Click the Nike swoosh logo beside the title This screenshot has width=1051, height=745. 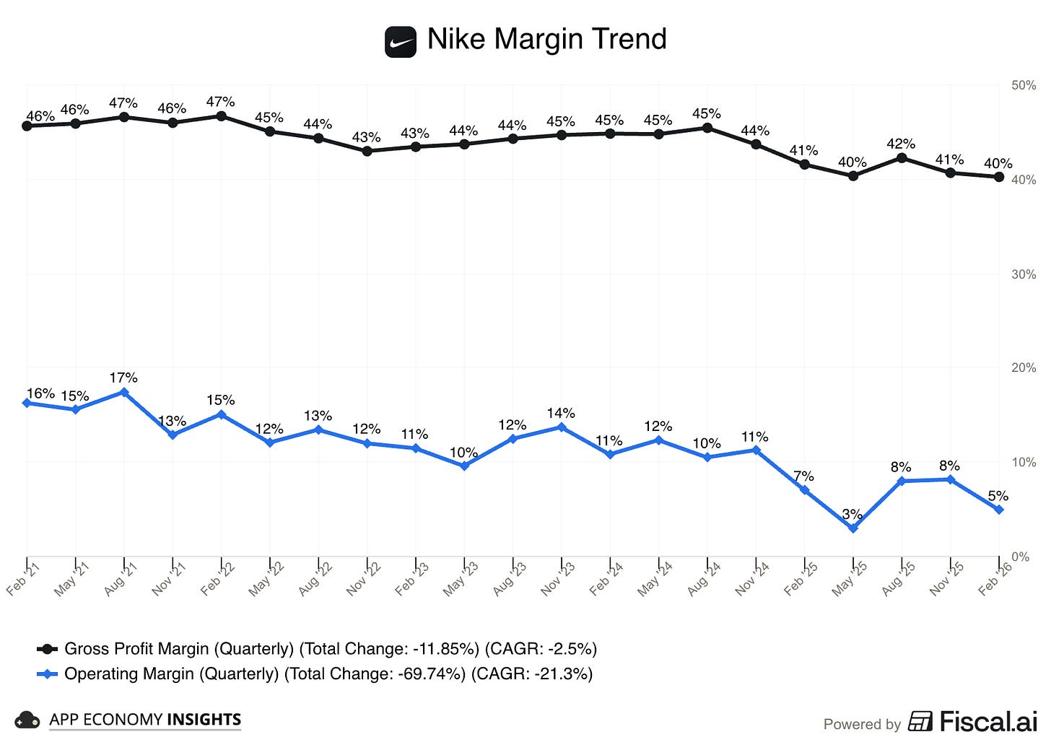pos(400,41)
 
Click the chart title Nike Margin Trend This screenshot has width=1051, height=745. pos(546,39)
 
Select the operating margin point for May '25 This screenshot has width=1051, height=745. pos(853,528)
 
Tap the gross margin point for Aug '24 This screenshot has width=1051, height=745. pos(707,128)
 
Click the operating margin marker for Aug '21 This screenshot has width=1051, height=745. pos(124,392)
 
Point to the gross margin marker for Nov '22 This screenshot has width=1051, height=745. pos(367,151)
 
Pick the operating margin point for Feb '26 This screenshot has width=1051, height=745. pos(999,510)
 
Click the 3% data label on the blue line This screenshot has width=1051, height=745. pos(852,514)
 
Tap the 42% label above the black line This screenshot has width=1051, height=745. pos(901,144)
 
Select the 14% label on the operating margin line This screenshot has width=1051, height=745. pos(561,413)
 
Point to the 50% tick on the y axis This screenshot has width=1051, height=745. pos(1024,85)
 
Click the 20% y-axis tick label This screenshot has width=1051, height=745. pos(1024,367)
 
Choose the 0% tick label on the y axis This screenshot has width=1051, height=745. pos(1020,557)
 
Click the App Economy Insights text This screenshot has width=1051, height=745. pos(144,720)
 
